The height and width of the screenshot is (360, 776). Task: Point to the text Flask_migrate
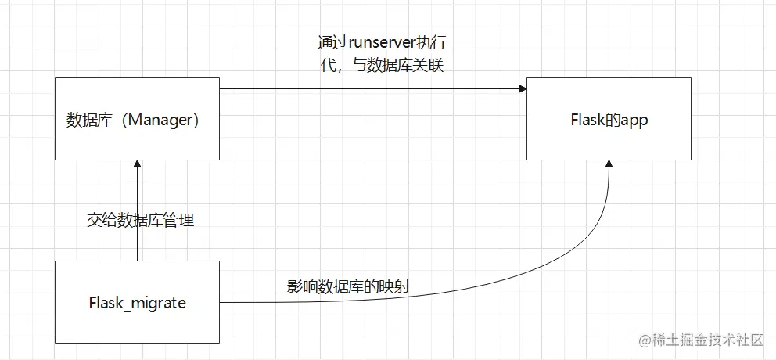[138, 302]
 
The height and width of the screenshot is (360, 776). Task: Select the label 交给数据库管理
[140, 220]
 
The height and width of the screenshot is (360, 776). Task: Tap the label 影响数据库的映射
[347, 287]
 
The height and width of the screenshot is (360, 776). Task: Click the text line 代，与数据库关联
[383, 66]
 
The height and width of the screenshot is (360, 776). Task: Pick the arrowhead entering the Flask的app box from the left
[522, 88]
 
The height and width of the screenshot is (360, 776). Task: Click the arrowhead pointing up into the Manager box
[137, 165]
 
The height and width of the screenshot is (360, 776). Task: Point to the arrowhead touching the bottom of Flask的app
[608, 165]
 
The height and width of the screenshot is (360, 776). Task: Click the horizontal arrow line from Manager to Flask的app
[368, 88]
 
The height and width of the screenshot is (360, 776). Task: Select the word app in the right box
[633, 121]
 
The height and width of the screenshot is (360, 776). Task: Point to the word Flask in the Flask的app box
[587, 121]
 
